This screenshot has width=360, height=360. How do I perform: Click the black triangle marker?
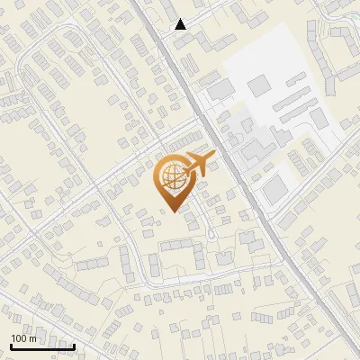(x=181, y=24)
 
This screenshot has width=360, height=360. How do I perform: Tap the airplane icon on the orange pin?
(x=197, y=165)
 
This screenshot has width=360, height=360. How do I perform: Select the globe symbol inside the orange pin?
(x=171, y=178)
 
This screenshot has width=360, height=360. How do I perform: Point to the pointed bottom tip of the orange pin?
(x=172, y=211)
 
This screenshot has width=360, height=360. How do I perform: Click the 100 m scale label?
(x=24, y=338)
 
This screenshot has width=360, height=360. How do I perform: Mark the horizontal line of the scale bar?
(x=42, y=346)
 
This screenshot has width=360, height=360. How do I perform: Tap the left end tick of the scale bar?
(x=11, y=346)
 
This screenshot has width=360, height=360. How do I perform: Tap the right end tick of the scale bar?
(x=74, y=346)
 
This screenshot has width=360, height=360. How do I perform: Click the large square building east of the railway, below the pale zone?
(x=274, y=188)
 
